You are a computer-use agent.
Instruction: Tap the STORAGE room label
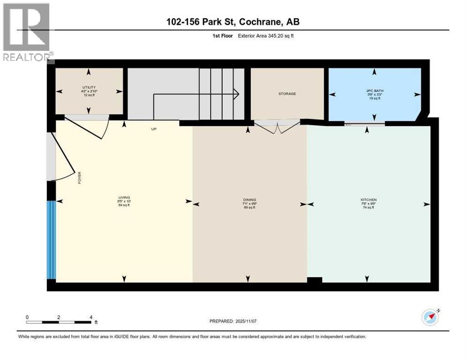click(x=287, y=94)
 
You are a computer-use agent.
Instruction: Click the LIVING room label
click(x=124, y=197)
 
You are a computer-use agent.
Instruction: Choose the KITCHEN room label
click(x=368, y=200)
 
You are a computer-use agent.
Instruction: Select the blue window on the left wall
click(x=51, y=240)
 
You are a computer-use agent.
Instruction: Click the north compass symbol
click(x=430, y=317)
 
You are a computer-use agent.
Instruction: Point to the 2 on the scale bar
click(x=59, y=317)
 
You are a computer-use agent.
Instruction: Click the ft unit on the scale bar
click(x=96, y=322)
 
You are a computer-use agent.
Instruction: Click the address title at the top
click(x=233, y=22)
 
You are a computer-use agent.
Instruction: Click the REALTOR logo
click(x=27, y=32)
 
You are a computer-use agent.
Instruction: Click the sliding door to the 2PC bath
click(x=365, y=124)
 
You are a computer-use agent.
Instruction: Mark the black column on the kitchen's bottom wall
click(x=315, y=280)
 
